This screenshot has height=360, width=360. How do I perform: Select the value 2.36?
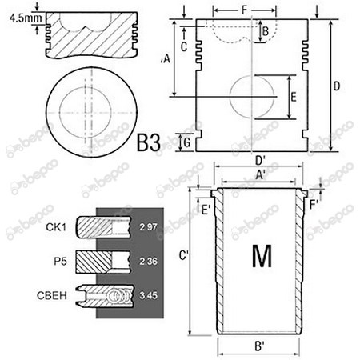point(149,260)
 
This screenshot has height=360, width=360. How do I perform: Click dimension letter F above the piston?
point(243,10)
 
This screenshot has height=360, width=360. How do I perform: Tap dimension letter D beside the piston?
point(337,86)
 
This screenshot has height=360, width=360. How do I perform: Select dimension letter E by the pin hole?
point(294,98)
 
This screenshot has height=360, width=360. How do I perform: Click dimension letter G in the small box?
point(186,142)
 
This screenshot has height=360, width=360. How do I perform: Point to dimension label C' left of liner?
point(183,256)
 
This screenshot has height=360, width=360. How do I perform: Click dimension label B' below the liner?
point(260,348)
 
